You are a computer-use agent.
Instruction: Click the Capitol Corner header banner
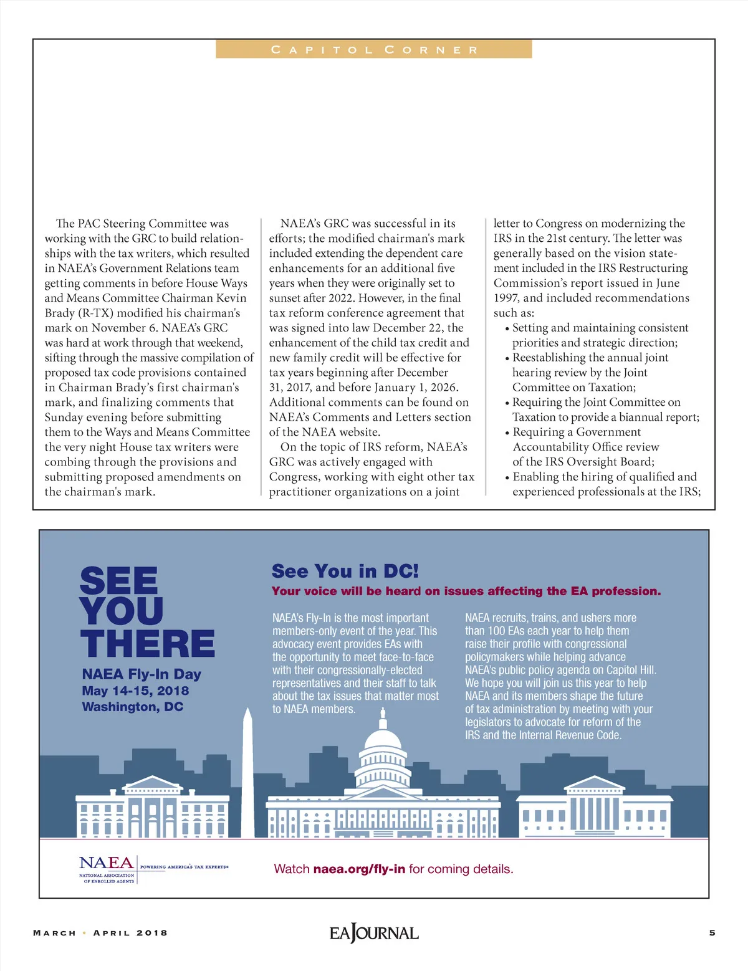click(374, 49)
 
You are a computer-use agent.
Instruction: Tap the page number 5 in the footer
click(712, 933)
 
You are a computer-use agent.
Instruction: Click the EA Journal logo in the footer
click(374, 933)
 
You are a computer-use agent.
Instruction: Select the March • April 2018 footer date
click(100, 933)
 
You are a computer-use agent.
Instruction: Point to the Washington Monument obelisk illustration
click(247, 773)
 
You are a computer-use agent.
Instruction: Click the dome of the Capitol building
click(383, 742)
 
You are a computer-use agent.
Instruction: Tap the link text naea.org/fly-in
click(359, 869)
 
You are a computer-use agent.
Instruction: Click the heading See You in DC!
click(345, 571)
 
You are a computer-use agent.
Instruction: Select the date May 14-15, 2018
click(135, 691)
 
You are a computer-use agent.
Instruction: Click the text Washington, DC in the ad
click(133, 707)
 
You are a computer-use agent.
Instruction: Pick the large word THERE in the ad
click(148, 644)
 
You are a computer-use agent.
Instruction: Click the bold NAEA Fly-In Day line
click(141, 674)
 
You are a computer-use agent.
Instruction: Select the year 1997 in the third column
click(506, 298)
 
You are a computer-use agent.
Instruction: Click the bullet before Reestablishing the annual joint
click(507, 358)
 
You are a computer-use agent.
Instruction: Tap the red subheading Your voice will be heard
click(466, 591)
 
